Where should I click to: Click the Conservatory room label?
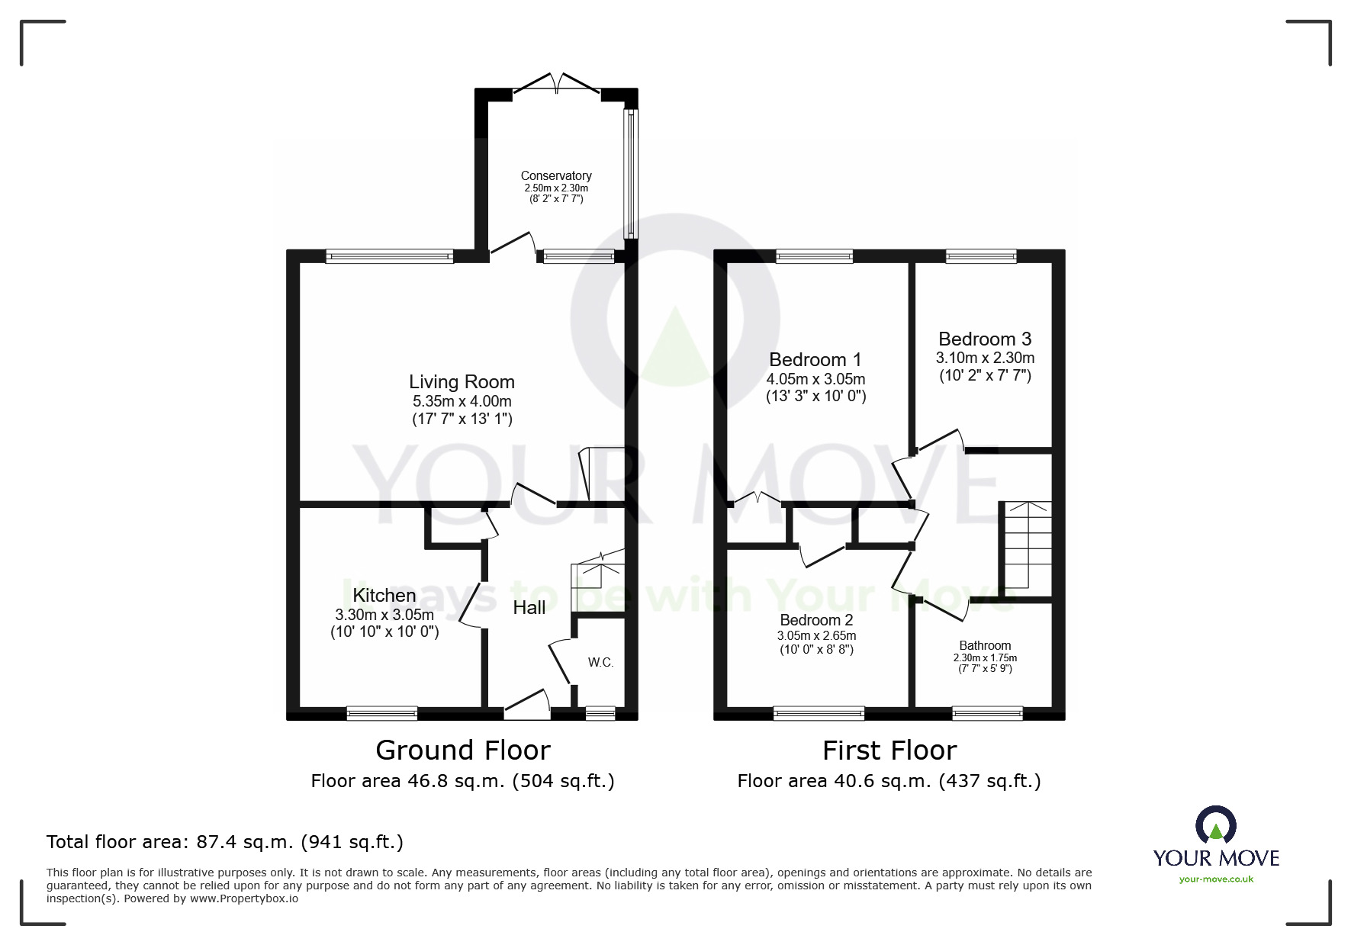556,176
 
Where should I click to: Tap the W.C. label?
601,662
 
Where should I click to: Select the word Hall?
529,607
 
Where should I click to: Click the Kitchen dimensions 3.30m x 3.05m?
384,615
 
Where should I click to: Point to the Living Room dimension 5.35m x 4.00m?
462,401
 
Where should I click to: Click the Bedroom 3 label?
985,339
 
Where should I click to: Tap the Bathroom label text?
985,645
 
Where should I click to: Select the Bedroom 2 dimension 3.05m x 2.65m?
816,635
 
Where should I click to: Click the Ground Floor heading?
463,751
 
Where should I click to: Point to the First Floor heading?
889,751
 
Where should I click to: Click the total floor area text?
225,842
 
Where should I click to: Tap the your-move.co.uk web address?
1216,879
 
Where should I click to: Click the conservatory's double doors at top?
558,84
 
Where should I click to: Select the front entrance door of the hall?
527,706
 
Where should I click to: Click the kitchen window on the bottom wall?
382,713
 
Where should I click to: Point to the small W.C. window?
600,713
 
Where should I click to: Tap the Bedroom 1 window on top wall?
815,256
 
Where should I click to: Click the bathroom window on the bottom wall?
987,713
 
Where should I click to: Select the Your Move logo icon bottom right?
1216,826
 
